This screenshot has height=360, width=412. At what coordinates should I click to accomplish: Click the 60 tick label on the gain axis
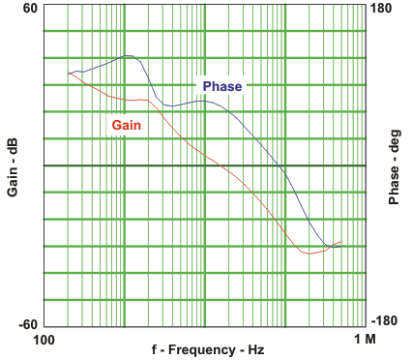[x=29, y=9]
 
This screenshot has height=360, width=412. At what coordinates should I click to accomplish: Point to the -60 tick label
[x=26, y=325]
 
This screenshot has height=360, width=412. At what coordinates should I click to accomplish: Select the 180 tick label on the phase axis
[x=382, y=9]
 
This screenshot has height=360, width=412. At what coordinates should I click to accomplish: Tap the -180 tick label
[x=384, y=325]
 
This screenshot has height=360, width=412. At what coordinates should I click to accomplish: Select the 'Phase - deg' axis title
[x=395, y=166]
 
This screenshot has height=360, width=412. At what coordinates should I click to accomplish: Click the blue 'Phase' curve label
[x=222, y=86]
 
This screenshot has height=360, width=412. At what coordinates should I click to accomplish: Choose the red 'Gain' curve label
[x=127, y=125]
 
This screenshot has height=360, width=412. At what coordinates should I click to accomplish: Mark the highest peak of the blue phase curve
[x=128, y=56]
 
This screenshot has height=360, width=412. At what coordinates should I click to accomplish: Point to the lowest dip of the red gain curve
[x=309, y=254]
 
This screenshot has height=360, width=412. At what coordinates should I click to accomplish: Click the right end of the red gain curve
[x=341, y=241]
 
